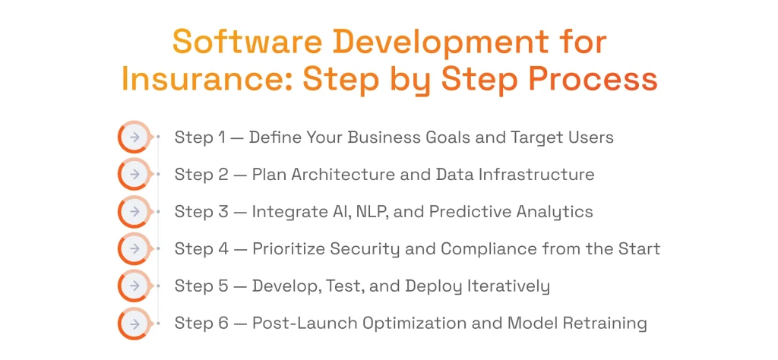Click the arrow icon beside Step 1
134,137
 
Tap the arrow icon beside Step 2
134,175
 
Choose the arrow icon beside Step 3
134,212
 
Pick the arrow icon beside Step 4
134,249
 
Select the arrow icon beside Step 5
134,286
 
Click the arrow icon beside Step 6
134,324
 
